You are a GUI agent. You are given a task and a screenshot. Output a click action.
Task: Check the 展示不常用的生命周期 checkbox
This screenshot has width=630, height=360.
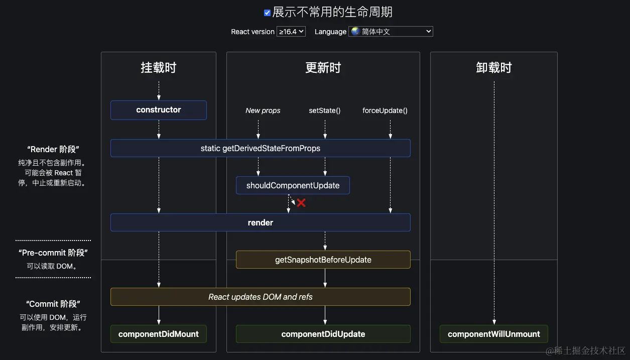267,13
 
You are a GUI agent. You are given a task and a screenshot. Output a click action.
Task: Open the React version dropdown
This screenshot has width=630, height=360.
291,31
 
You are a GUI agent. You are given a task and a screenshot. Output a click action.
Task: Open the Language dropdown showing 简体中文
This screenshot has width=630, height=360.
391,31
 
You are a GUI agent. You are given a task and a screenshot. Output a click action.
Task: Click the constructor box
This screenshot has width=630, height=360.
158,110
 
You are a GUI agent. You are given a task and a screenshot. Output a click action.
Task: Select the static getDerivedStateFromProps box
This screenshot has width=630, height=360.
260,148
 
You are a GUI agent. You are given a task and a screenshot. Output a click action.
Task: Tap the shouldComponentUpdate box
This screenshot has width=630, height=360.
293,185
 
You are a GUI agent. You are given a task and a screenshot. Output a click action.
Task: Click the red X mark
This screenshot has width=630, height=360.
301,203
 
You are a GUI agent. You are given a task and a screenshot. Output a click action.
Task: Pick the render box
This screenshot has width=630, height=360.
260,222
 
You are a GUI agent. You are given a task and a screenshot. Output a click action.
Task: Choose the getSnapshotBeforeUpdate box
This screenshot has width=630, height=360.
323,260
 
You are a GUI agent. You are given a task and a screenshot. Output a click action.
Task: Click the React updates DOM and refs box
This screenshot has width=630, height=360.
260,297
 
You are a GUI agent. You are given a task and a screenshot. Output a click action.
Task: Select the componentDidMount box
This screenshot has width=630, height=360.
158,334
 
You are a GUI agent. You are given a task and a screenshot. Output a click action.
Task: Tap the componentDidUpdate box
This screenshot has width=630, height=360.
323,334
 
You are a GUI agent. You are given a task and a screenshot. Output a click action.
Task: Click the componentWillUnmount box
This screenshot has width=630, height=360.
493,334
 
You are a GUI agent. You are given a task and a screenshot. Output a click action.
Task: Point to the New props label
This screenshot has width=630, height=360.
263,110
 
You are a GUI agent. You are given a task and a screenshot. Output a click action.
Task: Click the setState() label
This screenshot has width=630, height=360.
324,110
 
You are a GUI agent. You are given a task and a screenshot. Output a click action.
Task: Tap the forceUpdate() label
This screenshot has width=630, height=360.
385,110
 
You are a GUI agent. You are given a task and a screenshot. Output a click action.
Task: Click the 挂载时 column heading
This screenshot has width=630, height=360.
158,68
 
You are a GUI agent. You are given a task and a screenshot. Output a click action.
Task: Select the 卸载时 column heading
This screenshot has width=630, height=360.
493,68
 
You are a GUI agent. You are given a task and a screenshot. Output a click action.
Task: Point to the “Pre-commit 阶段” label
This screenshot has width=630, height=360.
53,253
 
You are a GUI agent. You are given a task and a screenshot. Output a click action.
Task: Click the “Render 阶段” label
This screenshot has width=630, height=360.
53,149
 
